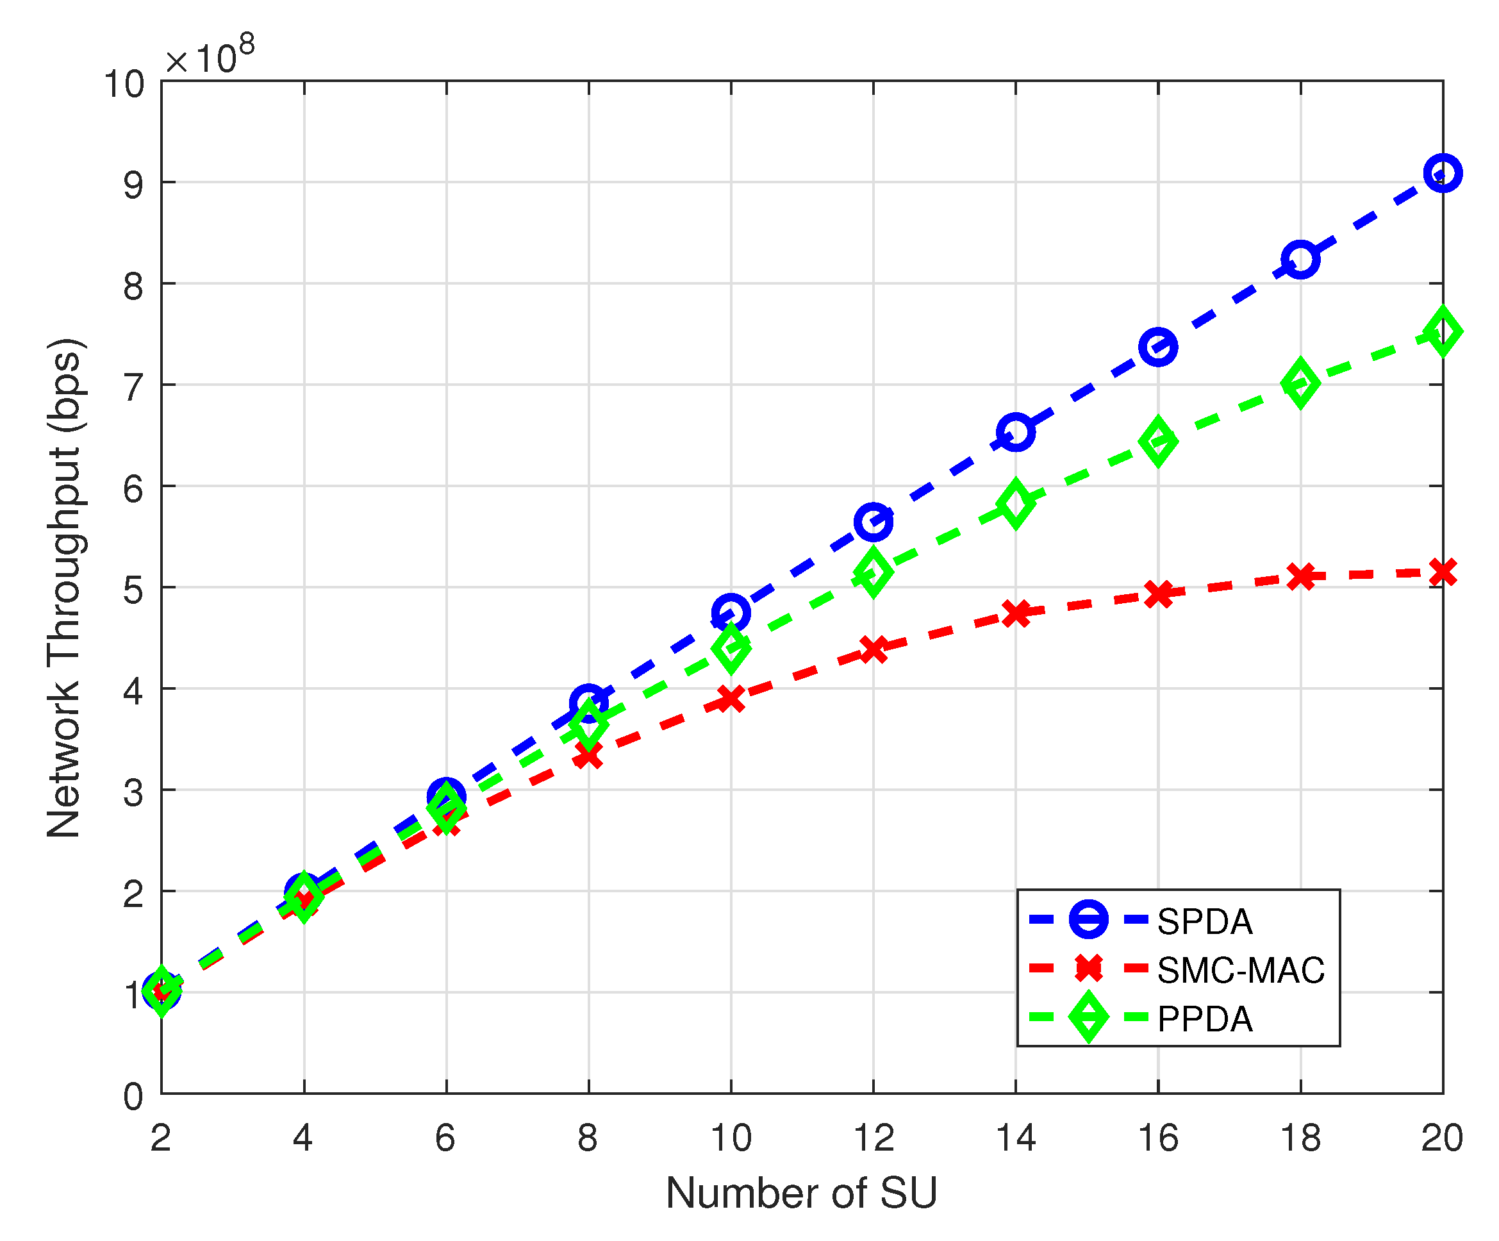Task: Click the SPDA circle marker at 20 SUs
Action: tap(1443, 173)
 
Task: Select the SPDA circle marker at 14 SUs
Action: tap(1016, 433)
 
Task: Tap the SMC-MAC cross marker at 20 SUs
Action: tap(1443, 572)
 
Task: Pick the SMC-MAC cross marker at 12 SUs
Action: tap(873, 649)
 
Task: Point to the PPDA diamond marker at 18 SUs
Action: tap(1300, 383)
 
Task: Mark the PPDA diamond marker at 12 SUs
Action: tap(873, 571)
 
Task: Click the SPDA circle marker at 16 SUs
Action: tap(1158, 347)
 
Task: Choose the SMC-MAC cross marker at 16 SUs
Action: tap(1158, 594)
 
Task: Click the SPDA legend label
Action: tap(1205, 922)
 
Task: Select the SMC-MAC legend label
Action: tap(1241, 970)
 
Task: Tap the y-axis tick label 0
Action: tap(133, 1097)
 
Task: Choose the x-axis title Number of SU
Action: tap(801, 1193)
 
